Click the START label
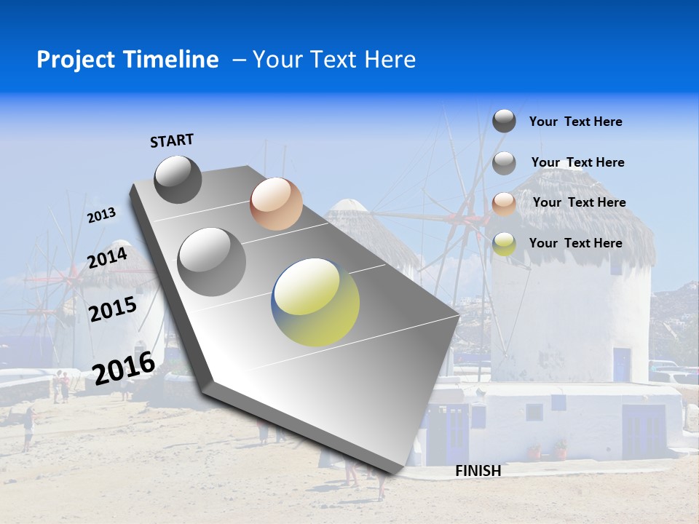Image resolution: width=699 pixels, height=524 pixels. tap(172, 140)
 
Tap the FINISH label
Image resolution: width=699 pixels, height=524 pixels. tap(478, 471)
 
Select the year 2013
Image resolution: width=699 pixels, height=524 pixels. tap(101, 215)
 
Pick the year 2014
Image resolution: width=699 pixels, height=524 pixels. tap(108, 258)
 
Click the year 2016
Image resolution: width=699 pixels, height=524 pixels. tap(124, 368)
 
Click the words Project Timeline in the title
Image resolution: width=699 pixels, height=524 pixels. tap(127, 60)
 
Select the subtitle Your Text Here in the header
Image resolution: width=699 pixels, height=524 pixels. tap(334, 60)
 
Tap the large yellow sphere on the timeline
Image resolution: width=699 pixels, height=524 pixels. tap(315, 302)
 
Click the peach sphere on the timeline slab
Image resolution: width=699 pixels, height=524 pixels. tap(276, 204)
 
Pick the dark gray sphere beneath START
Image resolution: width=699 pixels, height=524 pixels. tap(178, 179)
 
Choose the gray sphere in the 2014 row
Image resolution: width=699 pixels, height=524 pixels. tap(211, 261)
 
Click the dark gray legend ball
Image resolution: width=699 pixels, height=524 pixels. tap(504, 121)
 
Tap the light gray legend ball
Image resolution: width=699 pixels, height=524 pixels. tap(504, 163)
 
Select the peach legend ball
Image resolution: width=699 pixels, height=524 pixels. tap(504, 203)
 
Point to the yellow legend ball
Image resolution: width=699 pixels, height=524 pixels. tap(504, 244)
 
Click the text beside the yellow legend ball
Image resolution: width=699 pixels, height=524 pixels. tap(575, 243)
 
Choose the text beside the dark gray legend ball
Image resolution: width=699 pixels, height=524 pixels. tap(575, 122)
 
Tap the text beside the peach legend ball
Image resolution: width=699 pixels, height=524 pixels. tap(579, 202)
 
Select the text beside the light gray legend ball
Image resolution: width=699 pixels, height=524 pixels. tap(577, 162)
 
